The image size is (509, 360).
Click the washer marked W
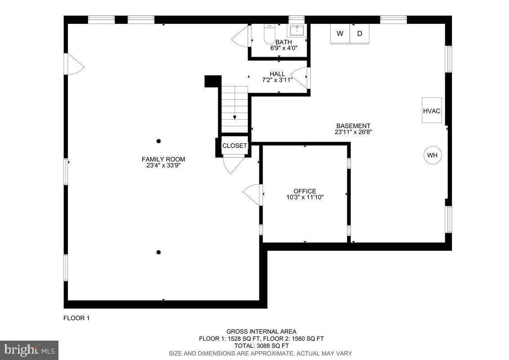point(340,34)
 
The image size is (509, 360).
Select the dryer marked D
point(359,34)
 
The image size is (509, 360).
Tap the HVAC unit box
point(431,110)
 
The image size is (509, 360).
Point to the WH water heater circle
point(432,155)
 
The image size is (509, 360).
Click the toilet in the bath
point(269,34)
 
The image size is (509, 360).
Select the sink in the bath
point(296,31)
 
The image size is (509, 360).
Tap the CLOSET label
point(234,146)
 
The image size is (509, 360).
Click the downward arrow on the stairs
point(235,117)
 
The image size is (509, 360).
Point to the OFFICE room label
point(305,191)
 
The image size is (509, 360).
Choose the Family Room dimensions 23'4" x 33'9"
point(163,165)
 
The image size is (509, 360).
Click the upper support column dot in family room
point(158,141)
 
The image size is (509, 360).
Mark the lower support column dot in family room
point(158,252)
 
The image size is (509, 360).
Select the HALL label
point(277,74)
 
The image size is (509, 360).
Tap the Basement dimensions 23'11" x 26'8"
point(353,132)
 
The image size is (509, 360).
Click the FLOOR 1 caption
point(76,318)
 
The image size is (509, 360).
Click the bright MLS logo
point(29,350)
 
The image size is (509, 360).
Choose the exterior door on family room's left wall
point(74,64)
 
